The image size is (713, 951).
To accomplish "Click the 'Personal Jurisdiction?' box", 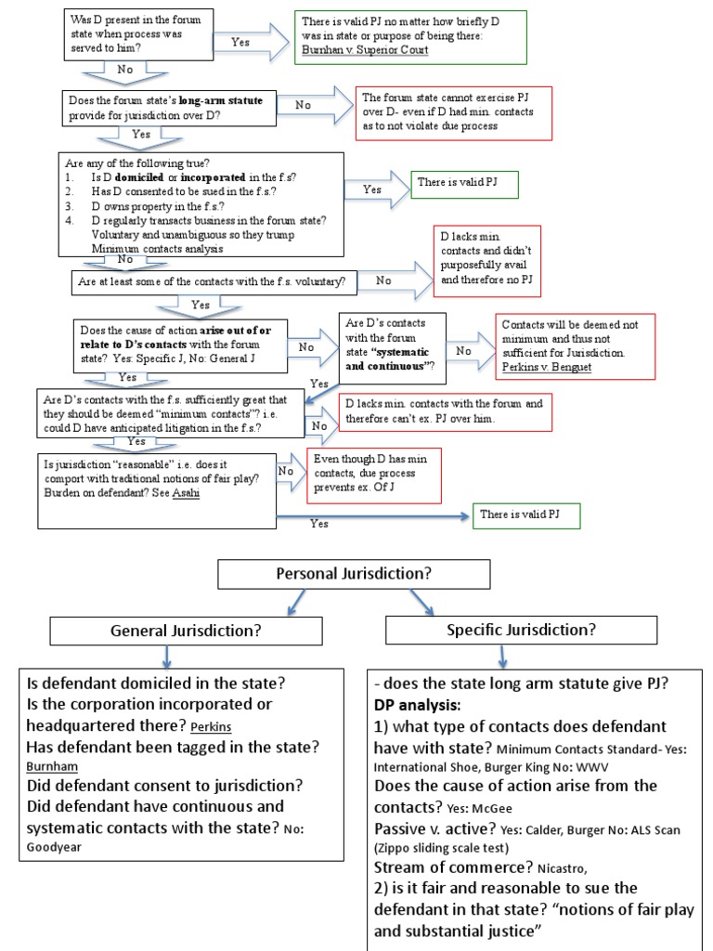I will (354, 574).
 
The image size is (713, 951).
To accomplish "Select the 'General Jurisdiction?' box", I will (186, 631).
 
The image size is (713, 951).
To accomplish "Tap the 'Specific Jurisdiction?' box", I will (521, 630).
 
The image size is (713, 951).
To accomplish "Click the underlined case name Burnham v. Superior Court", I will (363, 49).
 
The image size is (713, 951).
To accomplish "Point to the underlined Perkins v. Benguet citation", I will (547, 367).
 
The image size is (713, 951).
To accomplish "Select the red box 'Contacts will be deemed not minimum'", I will (575, 345).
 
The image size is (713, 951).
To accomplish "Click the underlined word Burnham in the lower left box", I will (52, 766).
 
